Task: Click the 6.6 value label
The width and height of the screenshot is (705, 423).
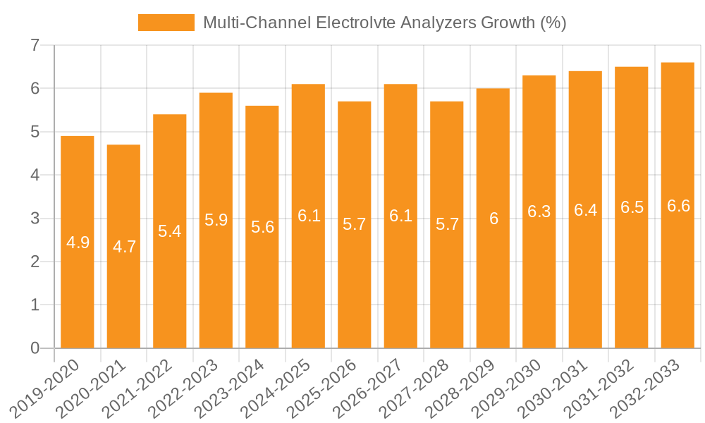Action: pos(678,207)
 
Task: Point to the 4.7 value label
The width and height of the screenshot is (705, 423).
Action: pos(124,247)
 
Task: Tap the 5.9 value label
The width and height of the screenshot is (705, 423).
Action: pos(216,220)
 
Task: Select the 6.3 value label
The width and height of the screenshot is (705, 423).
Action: pos(539,211)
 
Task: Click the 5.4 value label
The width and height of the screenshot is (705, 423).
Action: pos(170,231)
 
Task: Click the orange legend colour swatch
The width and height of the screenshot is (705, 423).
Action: pos(166,23)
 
